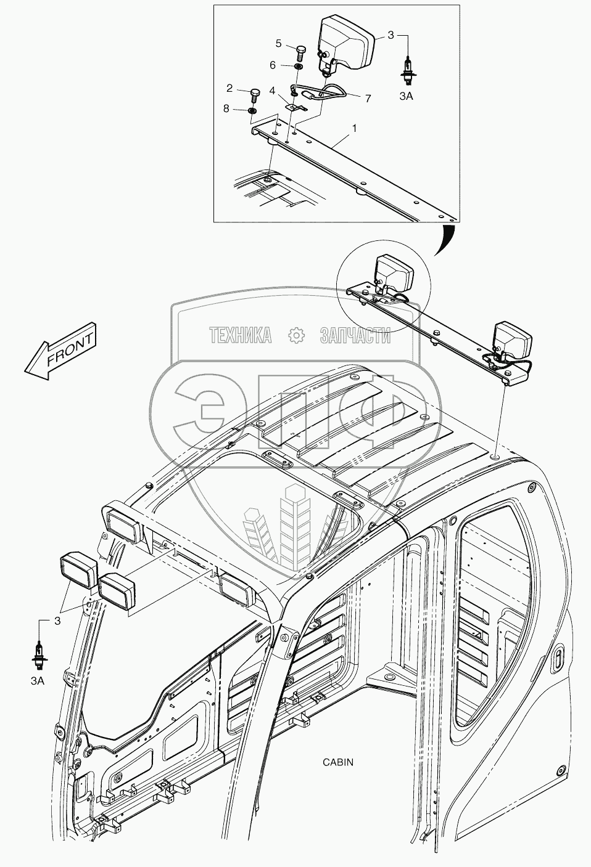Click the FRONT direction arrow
60,349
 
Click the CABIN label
338,762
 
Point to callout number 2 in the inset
229,88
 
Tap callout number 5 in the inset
279,43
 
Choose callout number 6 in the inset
272,65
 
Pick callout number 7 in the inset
368,97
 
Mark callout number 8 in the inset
226,109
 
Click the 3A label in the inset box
406,96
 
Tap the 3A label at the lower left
38,681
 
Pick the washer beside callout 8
252,110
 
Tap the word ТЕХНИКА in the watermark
241,335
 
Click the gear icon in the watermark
296,335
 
